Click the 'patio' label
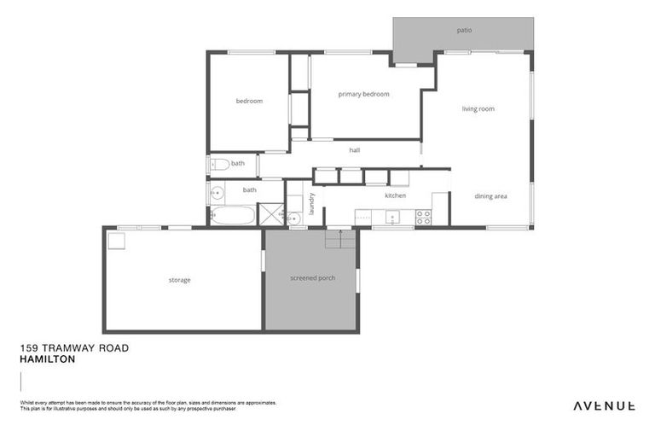point(464,31)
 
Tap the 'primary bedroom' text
point(363,94)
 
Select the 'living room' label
point(478,108)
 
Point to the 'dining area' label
point(490,196)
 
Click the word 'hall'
point(355,150)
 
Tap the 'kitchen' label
point(395,195)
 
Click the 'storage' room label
point(179,280)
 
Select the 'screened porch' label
point(312,278)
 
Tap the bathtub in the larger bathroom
point(233,214)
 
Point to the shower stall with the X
point(270,214)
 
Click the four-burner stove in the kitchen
point(423,217)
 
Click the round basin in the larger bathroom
point(217,192)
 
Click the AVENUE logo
point(603,405)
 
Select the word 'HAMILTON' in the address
point(47,360)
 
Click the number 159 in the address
point(29,349)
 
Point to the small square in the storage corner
point(117,241)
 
